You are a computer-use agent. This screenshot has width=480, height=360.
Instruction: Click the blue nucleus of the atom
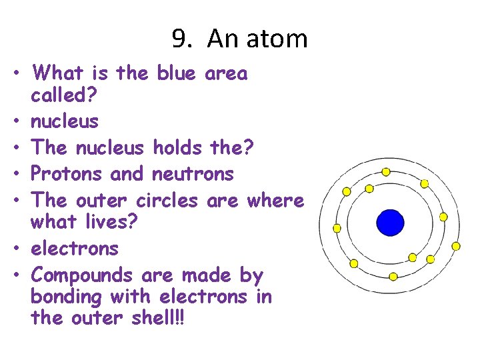click(390, 223)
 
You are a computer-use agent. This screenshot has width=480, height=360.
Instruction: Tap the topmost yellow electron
click(385, 171)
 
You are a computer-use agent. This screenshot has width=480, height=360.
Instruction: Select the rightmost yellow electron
click(456, 246)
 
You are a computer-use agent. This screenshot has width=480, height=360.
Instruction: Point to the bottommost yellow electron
click(393, 276)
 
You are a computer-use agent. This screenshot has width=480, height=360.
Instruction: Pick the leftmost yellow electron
click(337, 228)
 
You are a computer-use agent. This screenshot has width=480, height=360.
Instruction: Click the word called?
click(64, 95)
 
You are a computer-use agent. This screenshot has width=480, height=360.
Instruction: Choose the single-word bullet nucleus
click(65, 121)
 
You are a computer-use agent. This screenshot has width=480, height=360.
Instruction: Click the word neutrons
click(193, 173)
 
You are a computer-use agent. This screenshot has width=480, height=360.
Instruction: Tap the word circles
click(167, 199)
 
